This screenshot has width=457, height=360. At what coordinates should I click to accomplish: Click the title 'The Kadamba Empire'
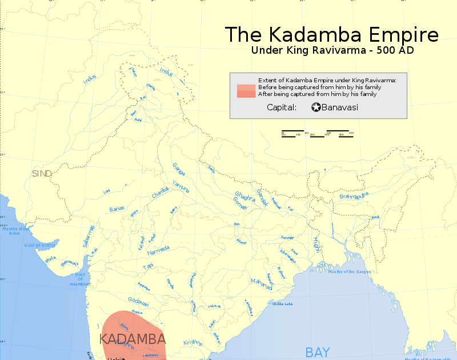(x=331, y=34)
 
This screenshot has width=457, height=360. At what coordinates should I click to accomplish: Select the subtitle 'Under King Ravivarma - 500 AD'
(x=332, y=50)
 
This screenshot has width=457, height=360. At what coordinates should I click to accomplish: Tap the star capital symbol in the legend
(x=316, y=107)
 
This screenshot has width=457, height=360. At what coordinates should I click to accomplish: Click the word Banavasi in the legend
(x=340, y=107)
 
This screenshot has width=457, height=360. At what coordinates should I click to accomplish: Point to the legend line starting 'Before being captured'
(x=319, y=87)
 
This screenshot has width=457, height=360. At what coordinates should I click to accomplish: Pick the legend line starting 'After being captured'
(x=317, y=94)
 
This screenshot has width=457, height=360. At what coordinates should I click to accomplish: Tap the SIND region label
(x=42, y=173)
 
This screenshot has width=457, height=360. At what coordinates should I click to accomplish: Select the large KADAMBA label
(x=133, y=338)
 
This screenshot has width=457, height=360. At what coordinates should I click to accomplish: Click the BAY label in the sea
(x=318, y=351)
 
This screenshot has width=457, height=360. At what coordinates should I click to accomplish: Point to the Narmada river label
(x=158, y=250)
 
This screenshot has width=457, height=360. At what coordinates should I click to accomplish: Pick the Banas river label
(x=117, y=209)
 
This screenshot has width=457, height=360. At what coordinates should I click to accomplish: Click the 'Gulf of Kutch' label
(x=38, y=245)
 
